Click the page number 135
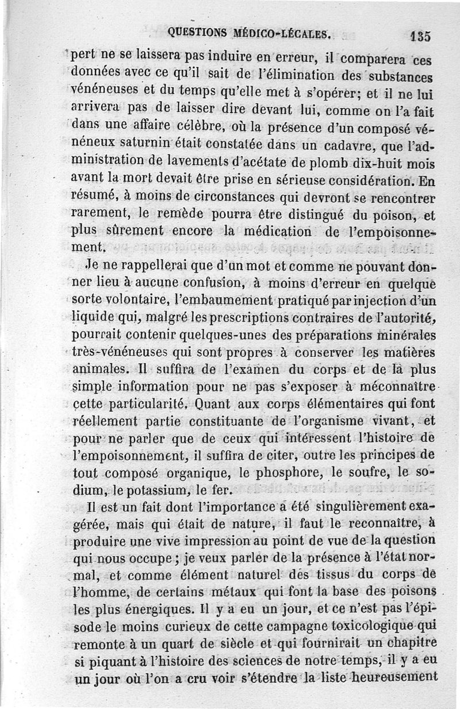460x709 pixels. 421,36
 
